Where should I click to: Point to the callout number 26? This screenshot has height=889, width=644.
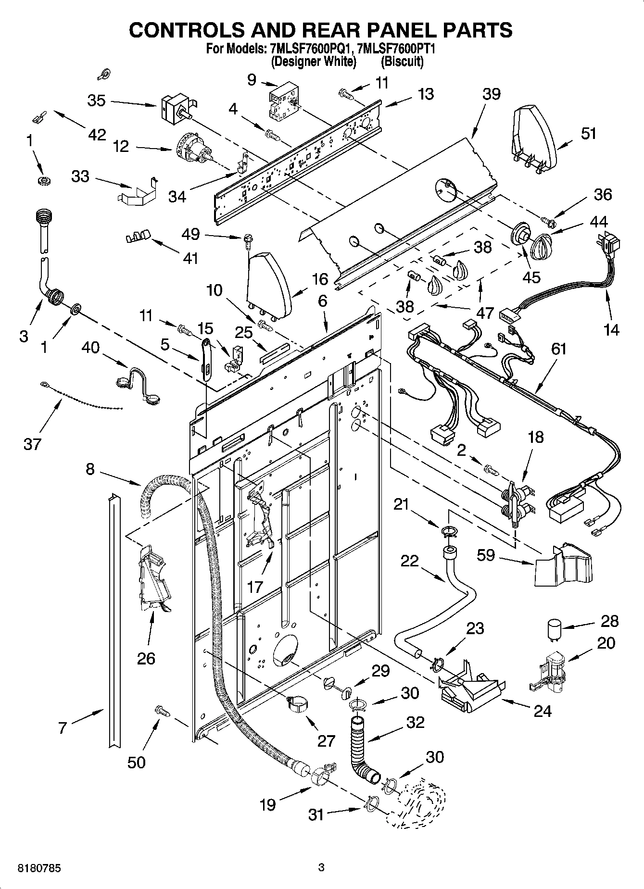[x=146, y=658]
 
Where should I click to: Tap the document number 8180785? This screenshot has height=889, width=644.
[x=39, y=869]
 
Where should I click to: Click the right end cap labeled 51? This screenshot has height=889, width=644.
[x=534, y=137]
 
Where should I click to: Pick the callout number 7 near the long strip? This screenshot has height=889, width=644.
[x=63, y=728]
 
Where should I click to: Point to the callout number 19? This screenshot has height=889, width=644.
[x=267, y=804]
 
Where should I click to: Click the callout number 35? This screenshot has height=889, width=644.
[x=96, y=101]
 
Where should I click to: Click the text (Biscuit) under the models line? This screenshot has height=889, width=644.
[x=402, y=62]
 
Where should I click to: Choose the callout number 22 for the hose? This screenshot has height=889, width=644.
[x=409, y=561]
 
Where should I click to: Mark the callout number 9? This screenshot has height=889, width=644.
[x=252, y=79]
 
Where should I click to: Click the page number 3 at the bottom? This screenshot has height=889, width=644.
[x=321, y=868]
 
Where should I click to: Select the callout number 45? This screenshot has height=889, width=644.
[x=531, y=277]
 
